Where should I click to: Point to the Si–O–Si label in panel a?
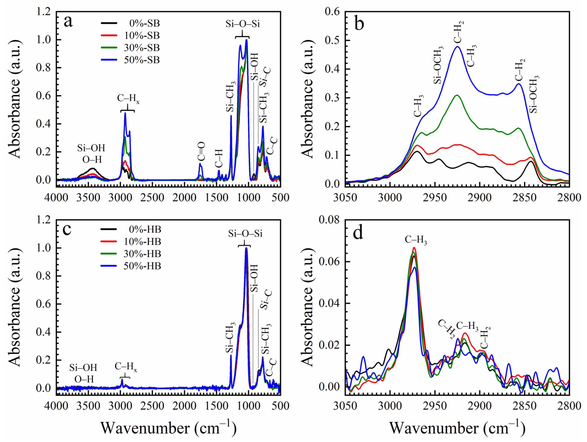(242, 24)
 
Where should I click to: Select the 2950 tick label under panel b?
(435, 198)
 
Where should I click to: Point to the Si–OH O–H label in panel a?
(91, 153)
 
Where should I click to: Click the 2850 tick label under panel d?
(525, 406)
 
